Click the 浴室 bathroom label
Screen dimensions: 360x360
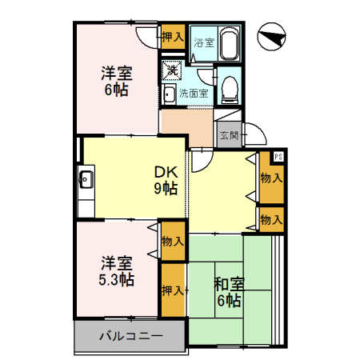click(x=204, y=42)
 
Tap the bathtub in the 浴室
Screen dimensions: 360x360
click(x=230, y=42)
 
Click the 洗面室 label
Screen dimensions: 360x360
click(x=193, y=94)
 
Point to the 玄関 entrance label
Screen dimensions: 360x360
click(x=229, y=135)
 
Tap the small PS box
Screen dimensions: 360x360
click(x=278, y=156)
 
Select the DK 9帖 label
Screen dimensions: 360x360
click(x=166, y=181)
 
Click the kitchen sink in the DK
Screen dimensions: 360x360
click(x=86, y=179)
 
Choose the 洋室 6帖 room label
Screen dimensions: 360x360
click(x=116, y=81)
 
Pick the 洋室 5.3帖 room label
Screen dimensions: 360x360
click(x=117, y=270)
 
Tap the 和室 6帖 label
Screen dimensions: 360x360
click(x=229, y=291)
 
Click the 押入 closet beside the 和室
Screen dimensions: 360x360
click(x=173, y=290)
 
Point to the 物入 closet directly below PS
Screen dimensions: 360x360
click(x=271, y=178)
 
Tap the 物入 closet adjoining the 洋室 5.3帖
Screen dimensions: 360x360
click(x=173, y=241)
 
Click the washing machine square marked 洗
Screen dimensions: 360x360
click(x=171, y=70)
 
